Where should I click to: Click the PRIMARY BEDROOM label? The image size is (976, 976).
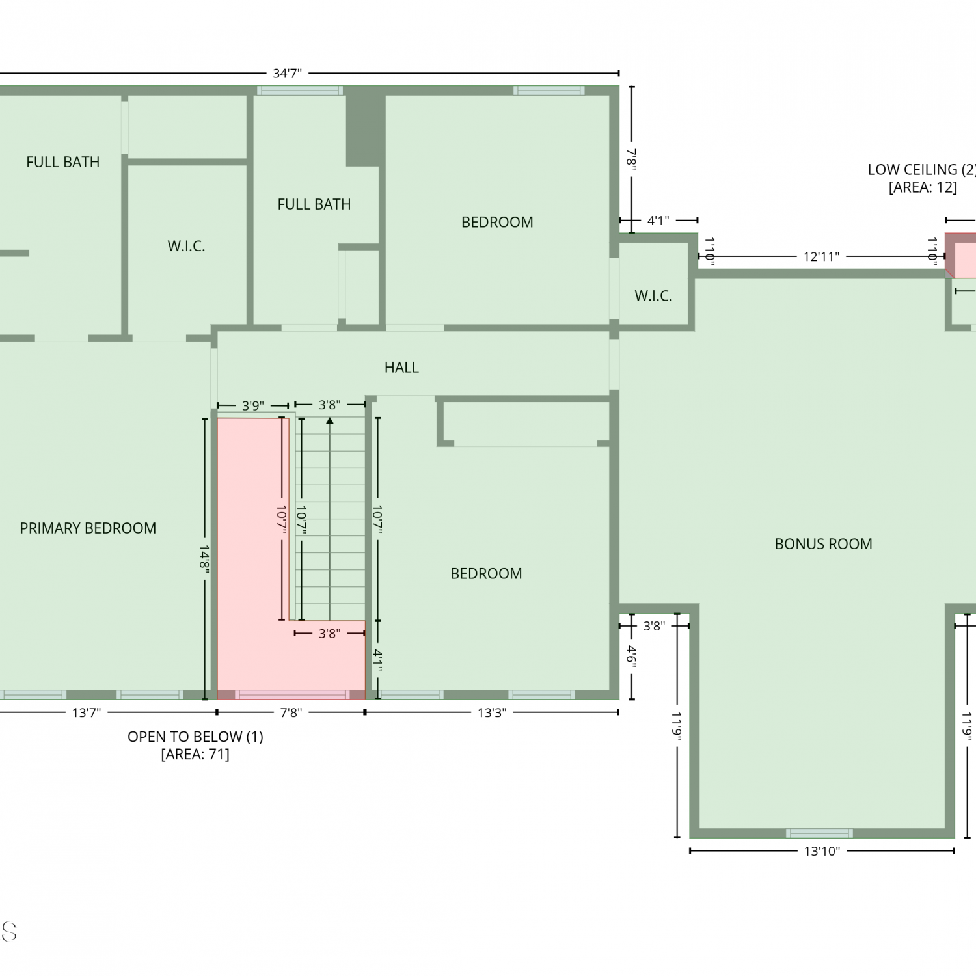[88, 528]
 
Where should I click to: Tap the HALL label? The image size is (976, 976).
[401, 368]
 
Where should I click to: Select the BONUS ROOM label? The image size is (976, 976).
[823, 544]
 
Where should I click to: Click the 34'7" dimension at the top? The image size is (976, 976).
[287, 74]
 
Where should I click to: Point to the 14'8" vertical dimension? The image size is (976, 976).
[204, 559]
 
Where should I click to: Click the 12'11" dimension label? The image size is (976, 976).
[821, 256]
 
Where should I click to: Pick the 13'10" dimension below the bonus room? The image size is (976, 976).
[822, 851]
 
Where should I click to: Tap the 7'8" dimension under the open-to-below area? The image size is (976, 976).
[291, 712]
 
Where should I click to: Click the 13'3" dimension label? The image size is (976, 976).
[492, 712]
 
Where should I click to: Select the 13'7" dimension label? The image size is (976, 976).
[87, 712]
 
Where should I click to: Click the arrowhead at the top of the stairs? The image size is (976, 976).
[330, 421]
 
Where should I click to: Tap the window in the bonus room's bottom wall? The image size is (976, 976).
[819, 834]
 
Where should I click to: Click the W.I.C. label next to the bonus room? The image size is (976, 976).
[653, 296]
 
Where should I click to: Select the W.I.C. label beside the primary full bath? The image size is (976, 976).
[186, 246]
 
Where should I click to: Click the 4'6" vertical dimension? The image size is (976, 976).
[631, 655]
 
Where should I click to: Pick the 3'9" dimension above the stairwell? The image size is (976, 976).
[253, 406]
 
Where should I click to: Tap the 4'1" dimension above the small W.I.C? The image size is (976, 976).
[658, 221]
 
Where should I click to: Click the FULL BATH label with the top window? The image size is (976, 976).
[314, 204]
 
